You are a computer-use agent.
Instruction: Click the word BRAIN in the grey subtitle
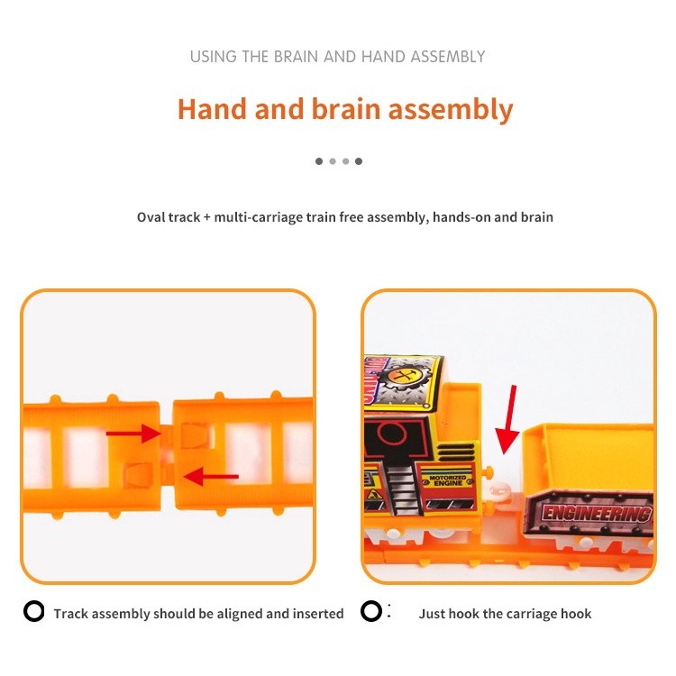[x=297, y=57]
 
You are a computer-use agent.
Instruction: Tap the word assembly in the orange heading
[x=451, y=109]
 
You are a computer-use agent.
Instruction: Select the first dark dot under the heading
[x=319, y=161]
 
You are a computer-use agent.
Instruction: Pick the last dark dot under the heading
[x=359, y=161]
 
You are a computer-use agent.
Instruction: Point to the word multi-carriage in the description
[x=259, y=217]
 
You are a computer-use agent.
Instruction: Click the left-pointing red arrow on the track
[x=211, y=477]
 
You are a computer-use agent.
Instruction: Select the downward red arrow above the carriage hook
[x=507, y=419]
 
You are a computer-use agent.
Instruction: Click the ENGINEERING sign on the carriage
[x=596, y=513]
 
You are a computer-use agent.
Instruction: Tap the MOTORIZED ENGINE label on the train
[x=448, y=480]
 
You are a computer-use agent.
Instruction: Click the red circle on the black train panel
[x=392, y=433]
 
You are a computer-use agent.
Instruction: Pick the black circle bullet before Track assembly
[x=34, y=611]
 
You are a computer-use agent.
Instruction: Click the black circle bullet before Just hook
[x=371, y=611]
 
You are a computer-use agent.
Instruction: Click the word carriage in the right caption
[x=530, y=615]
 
